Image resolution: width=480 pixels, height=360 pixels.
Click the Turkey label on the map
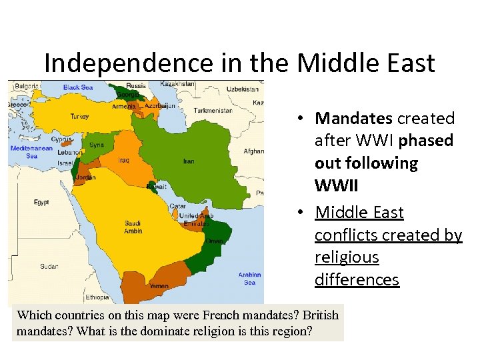coord(79,116)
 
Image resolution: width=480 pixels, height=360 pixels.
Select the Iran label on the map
coord(189,161)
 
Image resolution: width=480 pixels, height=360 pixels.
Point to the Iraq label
coord(125,160)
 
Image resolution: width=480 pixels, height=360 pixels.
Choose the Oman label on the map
coord(215,241)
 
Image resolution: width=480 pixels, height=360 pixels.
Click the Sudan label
coord(49,266)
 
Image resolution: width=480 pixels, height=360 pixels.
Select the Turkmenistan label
coord(213,110)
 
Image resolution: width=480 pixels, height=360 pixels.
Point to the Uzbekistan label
coord(243,89)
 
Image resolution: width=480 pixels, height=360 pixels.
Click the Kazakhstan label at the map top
coord(177,84)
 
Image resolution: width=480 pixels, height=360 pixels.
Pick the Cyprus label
coord(61,140)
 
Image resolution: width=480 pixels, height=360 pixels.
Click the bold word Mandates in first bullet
coord(353,119)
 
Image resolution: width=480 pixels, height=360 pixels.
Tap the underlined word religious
coord(347,257)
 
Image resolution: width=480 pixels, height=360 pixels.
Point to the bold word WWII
coord(335,185)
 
